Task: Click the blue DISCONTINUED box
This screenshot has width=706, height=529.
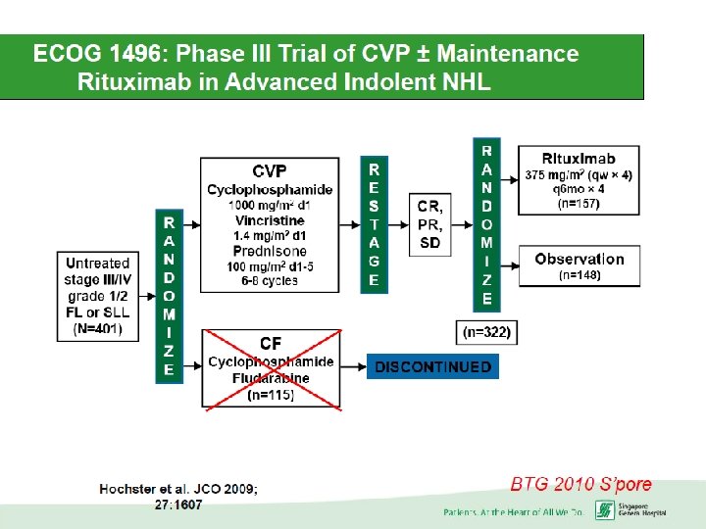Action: click(431, 367)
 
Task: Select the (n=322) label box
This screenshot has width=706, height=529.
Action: click(485, 333)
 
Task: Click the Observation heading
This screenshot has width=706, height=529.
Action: click(580, 259)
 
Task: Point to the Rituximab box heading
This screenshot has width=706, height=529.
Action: click(579, 159)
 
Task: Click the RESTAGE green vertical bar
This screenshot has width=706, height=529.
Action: click(374, 223)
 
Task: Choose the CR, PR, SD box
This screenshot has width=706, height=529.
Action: click(429, 224)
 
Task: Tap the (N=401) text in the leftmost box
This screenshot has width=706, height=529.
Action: click(98, 328)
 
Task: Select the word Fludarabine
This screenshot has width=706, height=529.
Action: click(271, 377)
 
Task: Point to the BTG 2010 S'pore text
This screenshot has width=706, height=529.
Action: click(580, 484)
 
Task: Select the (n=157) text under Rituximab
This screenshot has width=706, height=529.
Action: click(579, 204)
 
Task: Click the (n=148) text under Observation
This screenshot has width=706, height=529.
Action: click(580, 276)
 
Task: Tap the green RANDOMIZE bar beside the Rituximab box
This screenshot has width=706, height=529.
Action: click(487, 223)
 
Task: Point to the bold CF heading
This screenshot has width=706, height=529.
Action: click(271, 344)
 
